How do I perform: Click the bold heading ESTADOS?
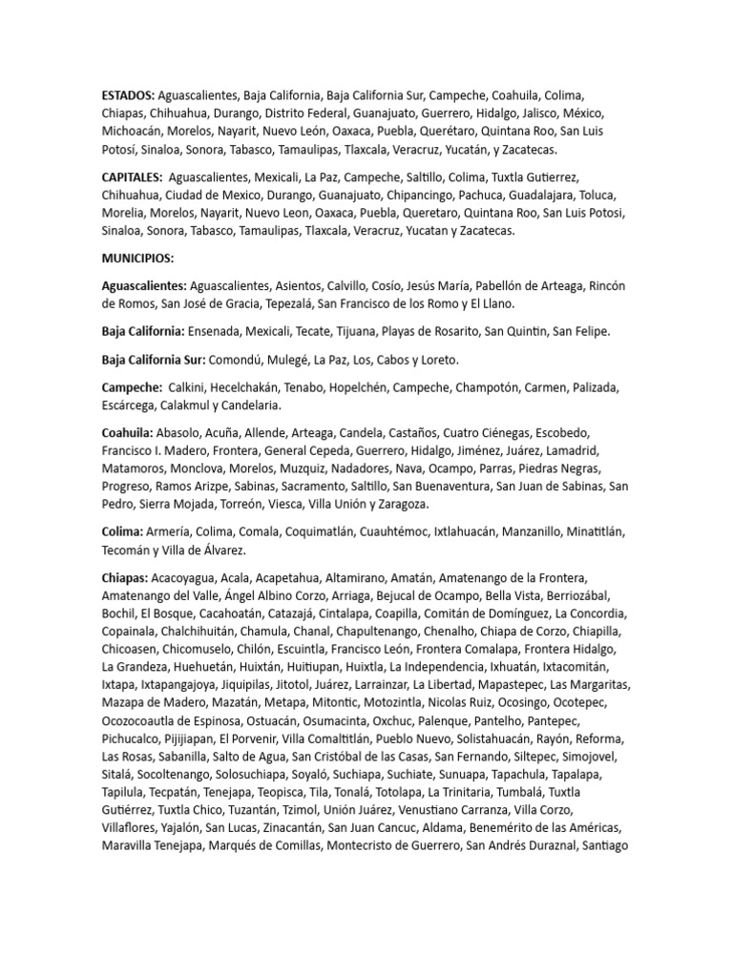pos(128,96)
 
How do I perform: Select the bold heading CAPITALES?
pos(132,177)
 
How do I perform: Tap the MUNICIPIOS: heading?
pos(138,258)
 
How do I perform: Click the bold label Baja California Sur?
pos(158,361)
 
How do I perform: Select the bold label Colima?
pos(122,531)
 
